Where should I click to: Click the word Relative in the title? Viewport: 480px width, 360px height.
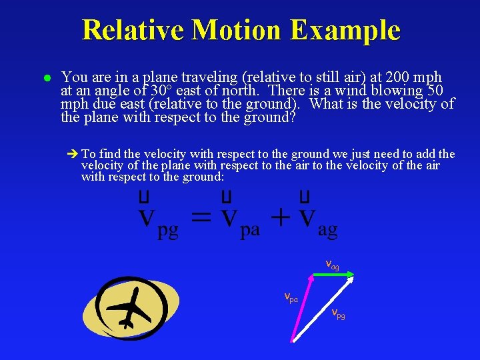[x=126, y=30]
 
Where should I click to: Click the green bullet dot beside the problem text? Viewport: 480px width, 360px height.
[x=47, y=79]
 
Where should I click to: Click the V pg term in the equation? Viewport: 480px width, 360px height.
[x=158, y=220]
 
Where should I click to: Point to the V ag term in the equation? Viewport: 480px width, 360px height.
[x=317, y=220]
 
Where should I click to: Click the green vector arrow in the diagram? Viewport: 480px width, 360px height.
[x=332, y=274]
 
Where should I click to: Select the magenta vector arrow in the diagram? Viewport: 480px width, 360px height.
[x=302, y=307]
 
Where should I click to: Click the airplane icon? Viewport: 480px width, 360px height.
[x=131, y=307]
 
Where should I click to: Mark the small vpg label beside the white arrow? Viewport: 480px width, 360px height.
[x=338, y=313]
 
